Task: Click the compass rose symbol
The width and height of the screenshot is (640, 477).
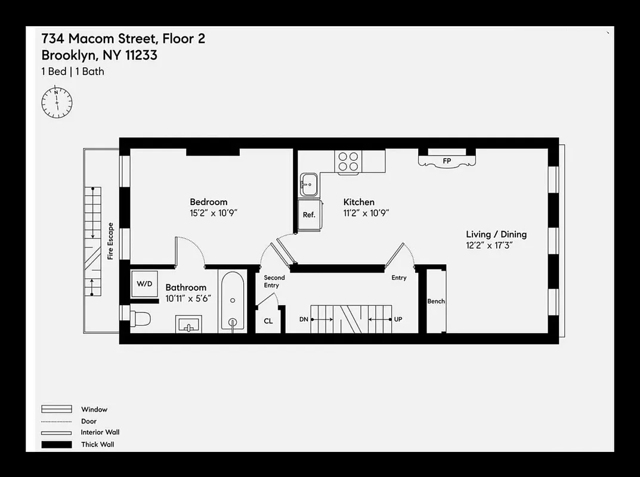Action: (x=57, y=103)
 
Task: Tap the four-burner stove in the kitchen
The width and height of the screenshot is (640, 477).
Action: (x=349, y=161)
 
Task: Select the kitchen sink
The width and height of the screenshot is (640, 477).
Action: (x=310, y=184)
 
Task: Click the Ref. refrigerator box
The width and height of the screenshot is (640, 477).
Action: (x=309, y=215)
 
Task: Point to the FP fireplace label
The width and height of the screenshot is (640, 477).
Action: (x=447, y=161)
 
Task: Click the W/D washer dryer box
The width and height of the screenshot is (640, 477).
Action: (x=144, y=284)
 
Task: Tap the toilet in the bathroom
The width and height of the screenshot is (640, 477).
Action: (x=140, y=318)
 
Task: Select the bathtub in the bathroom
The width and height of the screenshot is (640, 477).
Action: (x=232, y=301)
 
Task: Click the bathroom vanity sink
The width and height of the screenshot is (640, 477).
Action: (x=188, y=325)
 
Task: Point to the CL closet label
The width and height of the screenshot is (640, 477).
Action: (x=268, y=321)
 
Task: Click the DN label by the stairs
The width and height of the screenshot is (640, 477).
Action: (x=304, y=320)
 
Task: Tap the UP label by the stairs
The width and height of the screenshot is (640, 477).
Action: (x=398, y=320)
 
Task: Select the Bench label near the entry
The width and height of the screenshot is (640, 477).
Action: (x=436, y=301)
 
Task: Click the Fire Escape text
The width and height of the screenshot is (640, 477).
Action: (x=110, y=241)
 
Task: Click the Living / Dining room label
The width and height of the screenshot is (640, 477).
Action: (x=496, y=234)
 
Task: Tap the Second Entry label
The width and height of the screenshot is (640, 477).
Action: (x=274, y=281)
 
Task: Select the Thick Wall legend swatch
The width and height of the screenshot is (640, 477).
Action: (x=57, y=444)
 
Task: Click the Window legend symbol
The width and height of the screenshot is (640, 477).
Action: (x=57, y=410)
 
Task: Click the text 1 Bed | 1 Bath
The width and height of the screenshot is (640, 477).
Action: (x=73, y=72)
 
